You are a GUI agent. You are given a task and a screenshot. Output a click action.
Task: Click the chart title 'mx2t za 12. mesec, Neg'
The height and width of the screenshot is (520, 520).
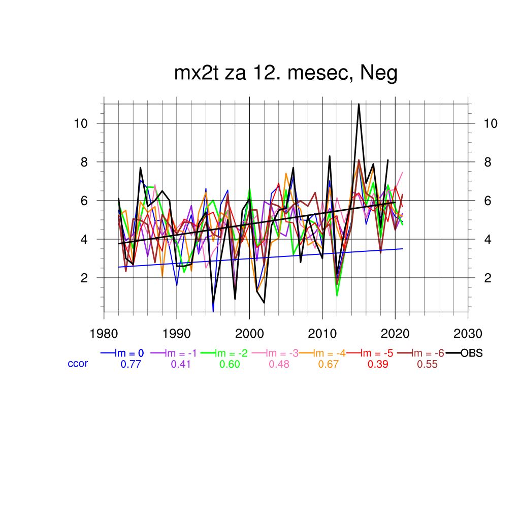(285, 74)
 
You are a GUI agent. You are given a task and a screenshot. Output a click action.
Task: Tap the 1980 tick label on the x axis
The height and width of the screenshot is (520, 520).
(104, 334)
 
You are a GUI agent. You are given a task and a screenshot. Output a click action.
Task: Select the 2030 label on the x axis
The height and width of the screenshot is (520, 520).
(468, 334)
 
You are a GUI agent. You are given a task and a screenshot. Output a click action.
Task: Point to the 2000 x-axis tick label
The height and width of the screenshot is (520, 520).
(249, 334)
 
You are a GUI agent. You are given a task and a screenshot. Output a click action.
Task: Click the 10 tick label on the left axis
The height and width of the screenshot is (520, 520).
(82, 123)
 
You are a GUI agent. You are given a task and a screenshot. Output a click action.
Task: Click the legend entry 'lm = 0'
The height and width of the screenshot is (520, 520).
(130, 353)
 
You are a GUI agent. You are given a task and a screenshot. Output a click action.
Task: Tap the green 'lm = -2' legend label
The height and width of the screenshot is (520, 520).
(232, 353)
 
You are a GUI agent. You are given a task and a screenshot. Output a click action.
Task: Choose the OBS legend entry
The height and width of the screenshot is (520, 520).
(471, 353)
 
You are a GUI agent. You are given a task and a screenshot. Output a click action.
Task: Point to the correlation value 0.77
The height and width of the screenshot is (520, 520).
(130, 364)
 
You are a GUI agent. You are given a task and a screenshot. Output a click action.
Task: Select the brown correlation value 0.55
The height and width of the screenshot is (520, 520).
(427, 364)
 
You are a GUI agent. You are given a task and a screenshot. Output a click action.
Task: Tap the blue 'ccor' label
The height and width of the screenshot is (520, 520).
(78, 364)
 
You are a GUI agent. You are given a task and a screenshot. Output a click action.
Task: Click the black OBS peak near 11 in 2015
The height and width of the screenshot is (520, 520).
(359, 104)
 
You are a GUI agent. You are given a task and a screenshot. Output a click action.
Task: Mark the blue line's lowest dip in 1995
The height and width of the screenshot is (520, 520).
(213, 311)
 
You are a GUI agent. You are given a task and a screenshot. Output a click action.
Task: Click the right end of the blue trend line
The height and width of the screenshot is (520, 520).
(402, 249)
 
